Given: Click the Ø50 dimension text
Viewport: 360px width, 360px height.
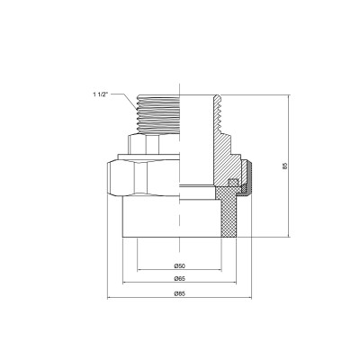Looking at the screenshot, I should (x=180, y=266).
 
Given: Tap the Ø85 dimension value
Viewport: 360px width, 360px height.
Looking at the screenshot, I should (x=180, y=294).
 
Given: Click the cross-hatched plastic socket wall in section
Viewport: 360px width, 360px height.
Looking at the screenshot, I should (x=236, y=216).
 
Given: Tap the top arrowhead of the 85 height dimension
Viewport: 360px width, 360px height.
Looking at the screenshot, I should (x=290, y=93).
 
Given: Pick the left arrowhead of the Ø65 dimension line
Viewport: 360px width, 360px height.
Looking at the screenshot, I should (x=123, y=285).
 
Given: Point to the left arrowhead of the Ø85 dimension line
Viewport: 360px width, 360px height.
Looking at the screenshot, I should (x=108, y=300).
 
